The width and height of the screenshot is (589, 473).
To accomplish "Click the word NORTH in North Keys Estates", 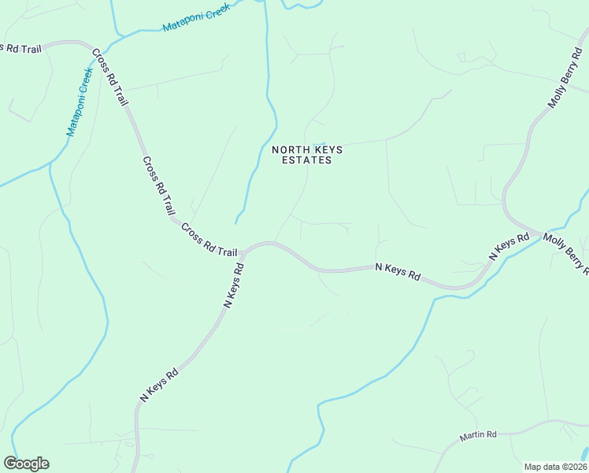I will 287,149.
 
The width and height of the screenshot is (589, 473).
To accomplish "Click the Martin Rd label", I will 479,435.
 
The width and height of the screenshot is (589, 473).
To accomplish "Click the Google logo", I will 26,464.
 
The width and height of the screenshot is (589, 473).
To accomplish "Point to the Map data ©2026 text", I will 555,466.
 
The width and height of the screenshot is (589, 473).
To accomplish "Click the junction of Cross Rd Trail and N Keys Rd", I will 243,252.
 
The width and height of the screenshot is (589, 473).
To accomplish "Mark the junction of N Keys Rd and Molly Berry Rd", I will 541,233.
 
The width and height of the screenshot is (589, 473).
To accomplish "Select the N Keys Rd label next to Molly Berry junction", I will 508,247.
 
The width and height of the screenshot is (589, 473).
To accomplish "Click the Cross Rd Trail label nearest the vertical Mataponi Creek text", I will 109,78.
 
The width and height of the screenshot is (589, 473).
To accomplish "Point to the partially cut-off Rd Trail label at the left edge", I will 20,48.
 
